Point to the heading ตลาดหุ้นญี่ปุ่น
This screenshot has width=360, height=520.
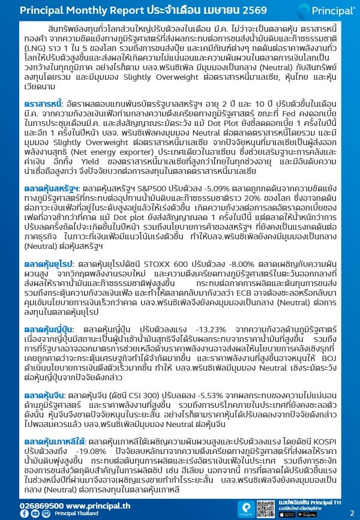pyautogui.click(x=48, y=329)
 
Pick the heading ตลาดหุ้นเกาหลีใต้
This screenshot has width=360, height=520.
pyautogui.click(x=53, y=441)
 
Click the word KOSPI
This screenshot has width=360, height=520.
pyautogui.click(x=329, y=441)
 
